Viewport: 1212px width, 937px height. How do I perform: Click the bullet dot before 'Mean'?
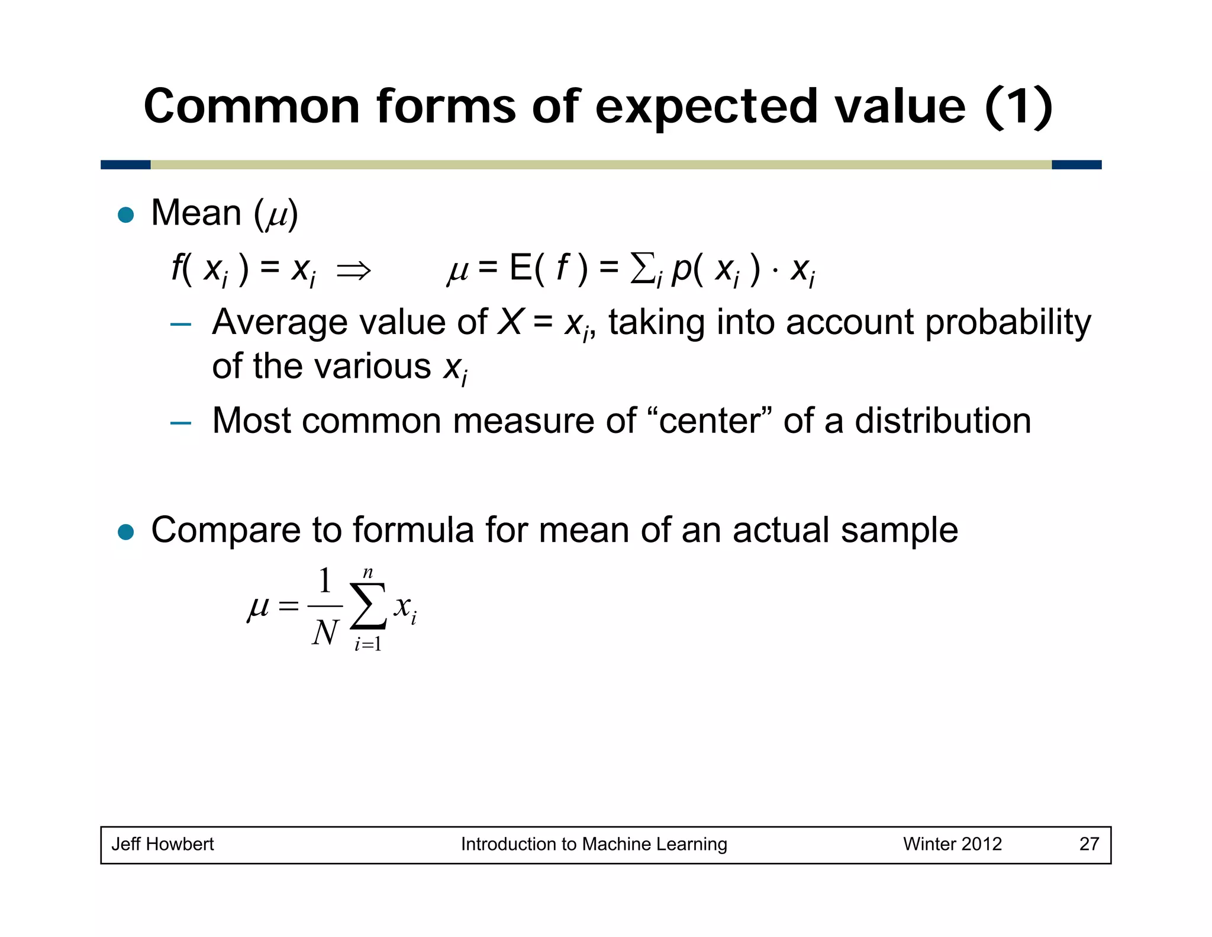pyautogui.click(x=126, y=214)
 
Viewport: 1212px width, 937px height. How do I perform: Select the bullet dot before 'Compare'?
pyautogui.click(x=126, y=531)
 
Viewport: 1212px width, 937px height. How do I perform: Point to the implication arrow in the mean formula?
pyautogui.click(x=353, y=271)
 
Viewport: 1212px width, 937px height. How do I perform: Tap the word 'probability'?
pyautogui.click(x=1008, y=323)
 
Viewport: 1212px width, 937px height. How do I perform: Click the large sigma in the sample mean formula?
pyautogui.click(x=368, y=606)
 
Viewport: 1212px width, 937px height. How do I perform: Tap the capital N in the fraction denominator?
pyautogui.click(x=325, y=633)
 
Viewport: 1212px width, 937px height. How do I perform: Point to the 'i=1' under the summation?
pyautogui.click(x=368, y=644)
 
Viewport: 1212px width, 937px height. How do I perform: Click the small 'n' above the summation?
pyautogui.click(x=368, y=573)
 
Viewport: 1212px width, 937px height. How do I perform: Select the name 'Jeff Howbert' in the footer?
pyautogui.click(x=163, y=844)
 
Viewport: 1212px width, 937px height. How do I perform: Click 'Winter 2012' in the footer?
pyautogui.click(x=952, y=844)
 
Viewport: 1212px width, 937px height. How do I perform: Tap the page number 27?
pyautogui.click(x=1089, y=844)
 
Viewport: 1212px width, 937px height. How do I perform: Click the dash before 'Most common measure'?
pyautogui.click(x=180, y=423)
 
